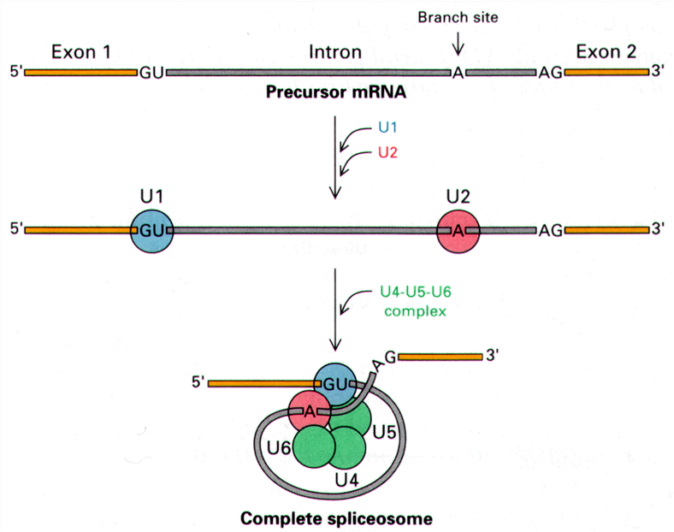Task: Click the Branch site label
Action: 458,16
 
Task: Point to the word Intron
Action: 334,52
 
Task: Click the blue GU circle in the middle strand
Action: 152,229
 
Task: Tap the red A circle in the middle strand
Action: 458,229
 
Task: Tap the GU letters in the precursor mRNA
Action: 151,73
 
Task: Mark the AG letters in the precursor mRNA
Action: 550,73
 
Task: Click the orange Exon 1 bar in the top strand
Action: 80,73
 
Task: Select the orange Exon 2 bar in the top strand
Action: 606,73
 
